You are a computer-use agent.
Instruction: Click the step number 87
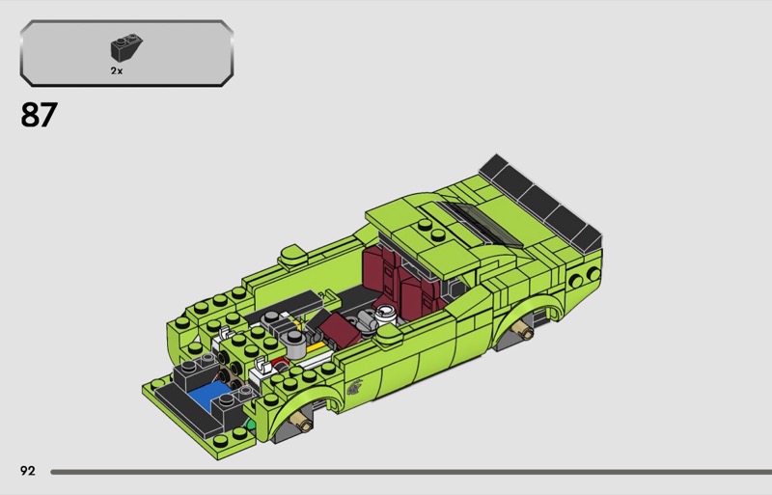click(x=39, y=115)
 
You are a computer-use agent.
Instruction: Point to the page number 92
click(x=28, y=471)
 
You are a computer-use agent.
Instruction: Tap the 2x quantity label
click(x=117, y=71)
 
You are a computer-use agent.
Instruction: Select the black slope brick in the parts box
click(x=126, y=48)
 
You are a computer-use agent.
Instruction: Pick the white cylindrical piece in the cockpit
click(x=385, y=315)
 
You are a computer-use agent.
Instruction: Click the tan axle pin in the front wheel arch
click(x=301, y=420)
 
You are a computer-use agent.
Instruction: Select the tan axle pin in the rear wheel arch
click(x=523, y=329)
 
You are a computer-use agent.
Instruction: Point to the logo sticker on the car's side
click(x=354, y=388)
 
